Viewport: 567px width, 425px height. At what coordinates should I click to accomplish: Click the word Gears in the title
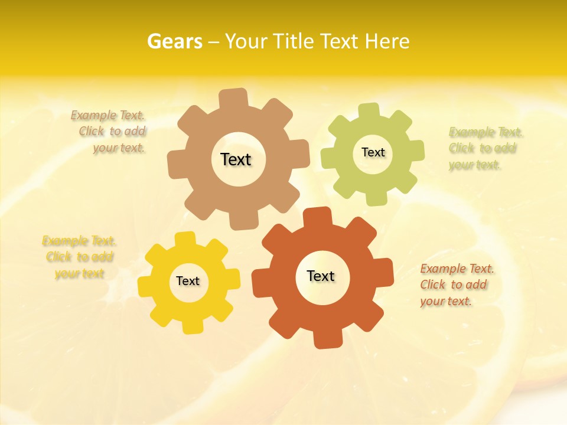pyautogui.click(x=174, y=41)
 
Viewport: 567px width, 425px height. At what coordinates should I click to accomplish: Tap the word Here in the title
pyautogui.click(x=387, y=41)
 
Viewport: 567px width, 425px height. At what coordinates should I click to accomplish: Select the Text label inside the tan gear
pyautogui.click(x=236, y=159)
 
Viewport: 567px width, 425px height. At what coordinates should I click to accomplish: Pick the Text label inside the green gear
pyautogui.click(x=373, y=152)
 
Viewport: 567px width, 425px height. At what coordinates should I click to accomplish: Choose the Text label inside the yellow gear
pyautogui.click(x=188, y=281)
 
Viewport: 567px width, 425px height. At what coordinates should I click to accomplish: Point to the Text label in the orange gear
pyautogui.click(x=321, y=276)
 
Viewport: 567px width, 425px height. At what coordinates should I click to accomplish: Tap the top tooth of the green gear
pyautogui.click(x=369, y=111)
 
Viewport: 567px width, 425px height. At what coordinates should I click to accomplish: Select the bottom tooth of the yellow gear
pyautogui.click(x=193, y=326)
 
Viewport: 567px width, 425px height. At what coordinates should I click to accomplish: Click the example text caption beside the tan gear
pyautogui.click(x=110, y=132)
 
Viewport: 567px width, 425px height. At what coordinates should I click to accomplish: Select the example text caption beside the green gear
pyautogui.click(x=484, y=148)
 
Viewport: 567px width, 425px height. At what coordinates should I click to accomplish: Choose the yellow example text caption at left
pyautogui.click(x=79, y=257)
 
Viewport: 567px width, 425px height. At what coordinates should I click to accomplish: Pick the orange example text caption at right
pyautogui.click(x=456, y=285)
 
